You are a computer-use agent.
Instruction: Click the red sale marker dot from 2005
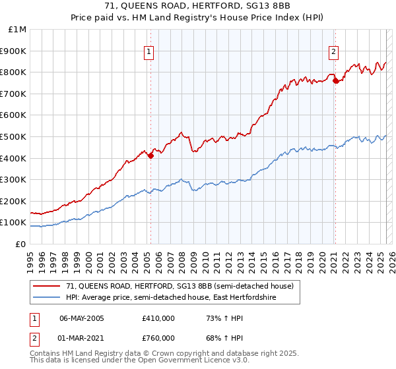(150, 156)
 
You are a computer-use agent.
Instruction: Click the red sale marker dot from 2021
(335, 80)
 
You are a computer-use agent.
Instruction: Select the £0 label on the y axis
(20, 244)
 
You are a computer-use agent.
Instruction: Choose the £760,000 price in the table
(158, 338)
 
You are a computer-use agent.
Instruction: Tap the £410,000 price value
(158, 318)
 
